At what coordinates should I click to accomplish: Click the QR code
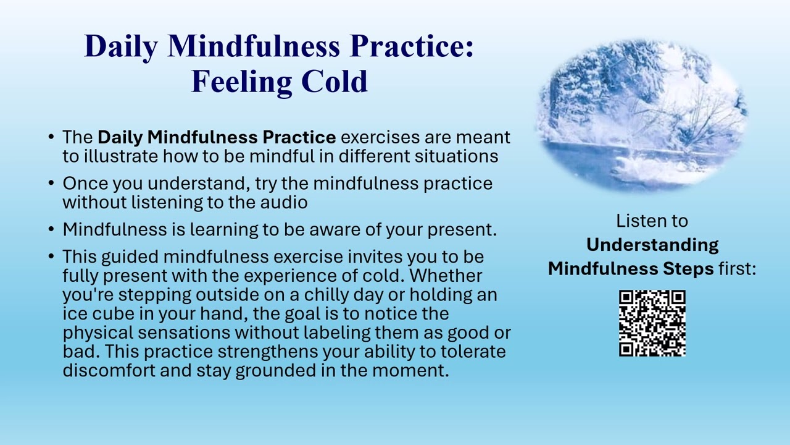(x=652, y=323)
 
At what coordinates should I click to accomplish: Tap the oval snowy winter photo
(x=641, y=116)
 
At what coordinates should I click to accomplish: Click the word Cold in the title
(x=335, y=82)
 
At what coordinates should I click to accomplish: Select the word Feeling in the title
(x=241, y=83)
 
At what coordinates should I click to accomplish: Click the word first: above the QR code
(x=738, y=269)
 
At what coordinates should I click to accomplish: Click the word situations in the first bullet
(x=456, y=156)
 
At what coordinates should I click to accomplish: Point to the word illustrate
(x=120, y=156)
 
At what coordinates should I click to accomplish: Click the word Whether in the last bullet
(x=446, y=276)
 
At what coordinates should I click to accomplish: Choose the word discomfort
(x=109, y=371)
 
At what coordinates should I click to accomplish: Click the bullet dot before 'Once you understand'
(x=51, y=183)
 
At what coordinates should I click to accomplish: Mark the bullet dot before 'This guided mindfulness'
(x=51, y=256)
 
